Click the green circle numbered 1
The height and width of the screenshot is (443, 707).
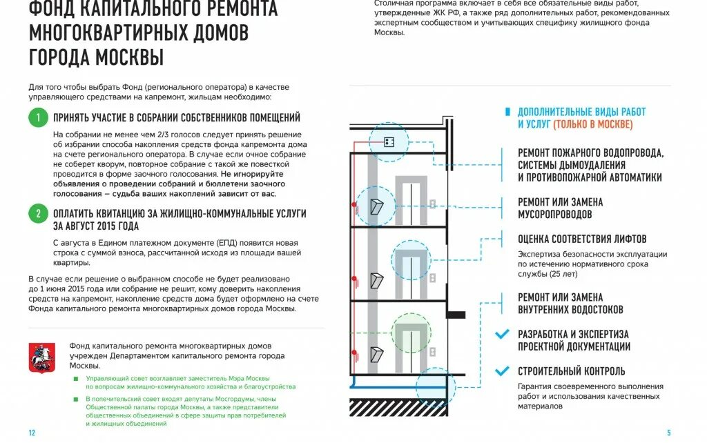click(38, 117)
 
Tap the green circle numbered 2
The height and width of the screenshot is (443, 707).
click(38, 213)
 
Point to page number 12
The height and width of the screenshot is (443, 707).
click(32, 433)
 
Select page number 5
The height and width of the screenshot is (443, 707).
click(668, 433)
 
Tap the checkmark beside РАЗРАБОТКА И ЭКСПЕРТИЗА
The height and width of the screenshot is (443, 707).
click(502, 335)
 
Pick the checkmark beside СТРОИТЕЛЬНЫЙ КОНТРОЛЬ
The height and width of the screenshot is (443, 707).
click(502, 371)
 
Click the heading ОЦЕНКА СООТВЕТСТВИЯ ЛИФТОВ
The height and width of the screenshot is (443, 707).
click(582, 239)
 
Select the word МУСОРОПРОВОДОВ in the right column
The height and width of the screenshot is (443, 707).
click(554, 215)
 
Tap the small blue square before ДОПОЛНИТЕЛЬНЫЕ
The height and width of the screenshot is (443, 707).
click(508, 112)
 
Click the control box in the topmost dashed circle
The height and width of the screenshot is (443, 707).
click(388, 141)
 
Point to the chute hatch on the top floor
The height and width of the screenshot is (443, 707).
click(377, 206)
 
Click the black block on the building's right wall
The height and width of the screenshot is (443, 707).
click(455, 315)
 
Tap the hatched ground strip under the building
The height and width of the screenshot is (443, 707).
click(398, 407)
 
